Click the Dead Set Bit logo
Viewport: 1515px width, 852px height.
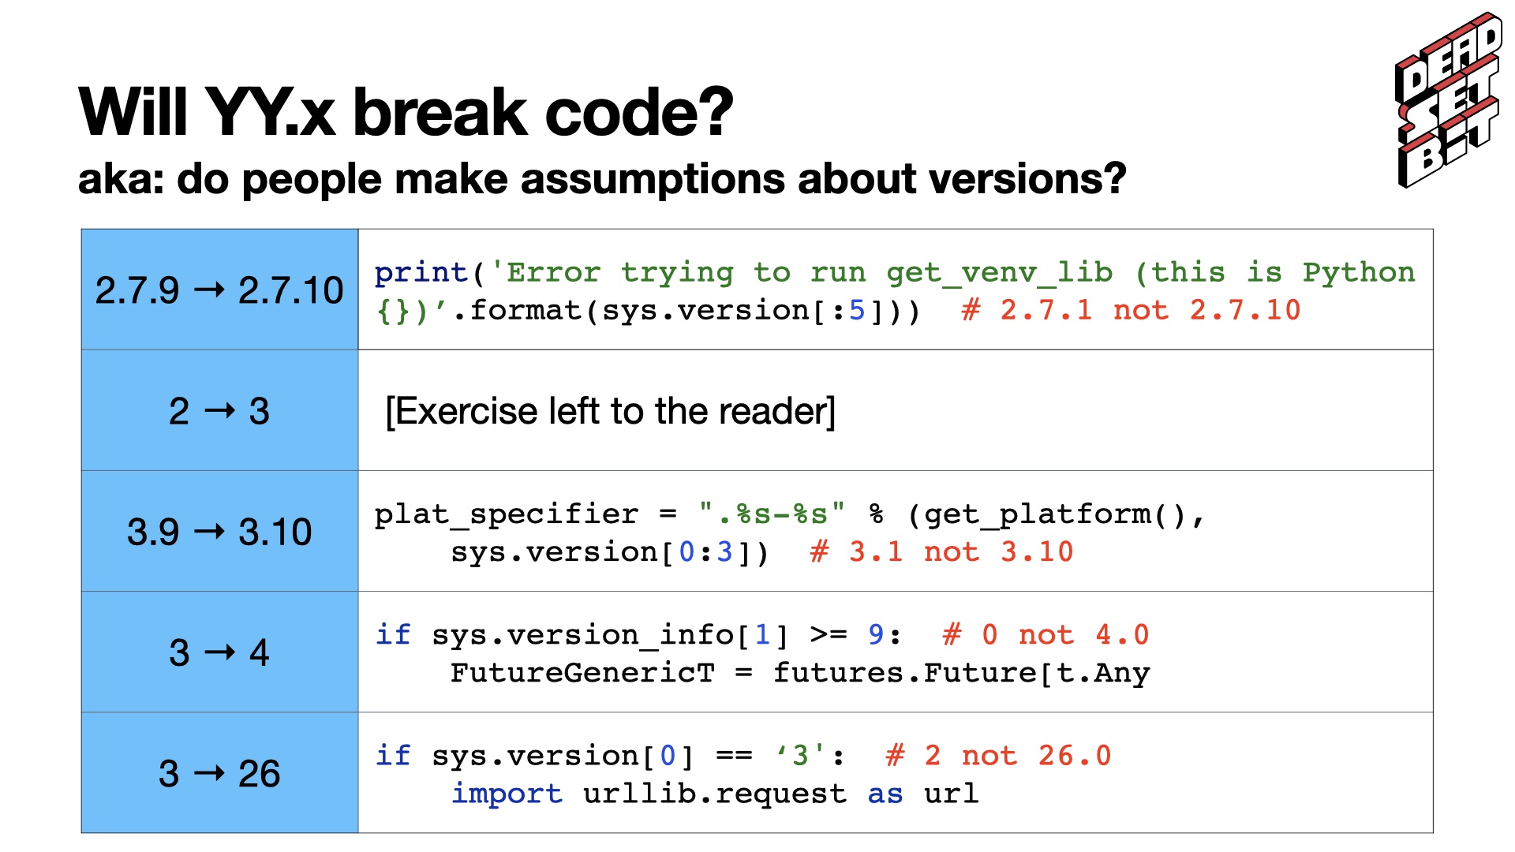coord(1449,100)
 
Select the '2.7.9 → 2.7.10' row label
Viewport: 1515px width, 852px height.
coord(219,290)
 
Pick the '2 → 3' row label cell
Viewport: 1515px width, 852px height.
coord(219,411)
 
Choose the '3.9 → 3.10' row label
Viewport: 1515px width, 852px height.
coord(219,532)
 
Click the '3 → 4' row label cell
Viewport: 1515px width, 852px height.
coord(219,652)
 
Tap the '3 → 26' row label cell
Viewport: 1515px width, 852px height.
coord(219,773)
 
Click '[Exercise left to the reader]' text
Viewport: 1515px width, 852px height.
coord(610,411)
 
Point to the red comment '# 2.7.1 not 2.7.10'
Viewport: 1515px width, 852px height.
coord(1131,310)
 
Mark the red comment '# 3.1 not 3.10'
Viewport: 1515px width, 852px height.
coord(941,551)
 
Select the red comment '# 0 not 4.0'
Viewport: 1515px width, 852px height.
coord(1046,634)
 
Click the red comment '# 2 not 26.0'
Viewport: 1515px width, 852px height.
coord(998,756)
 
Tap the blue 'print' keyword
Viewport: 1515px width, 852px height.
coord(421,273)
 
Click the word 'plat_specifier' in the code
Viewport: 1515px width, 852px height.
coord(507,514)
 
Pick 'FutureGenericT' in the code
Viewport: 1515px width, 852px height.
coord(582,673)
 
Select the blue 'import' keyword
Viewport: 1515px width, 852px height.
coord(507,794)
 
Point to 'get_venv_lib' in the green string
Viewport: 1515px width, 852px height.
coord(999,273)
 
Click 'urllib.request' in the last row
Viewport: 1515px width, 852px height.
coord(715,794)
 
